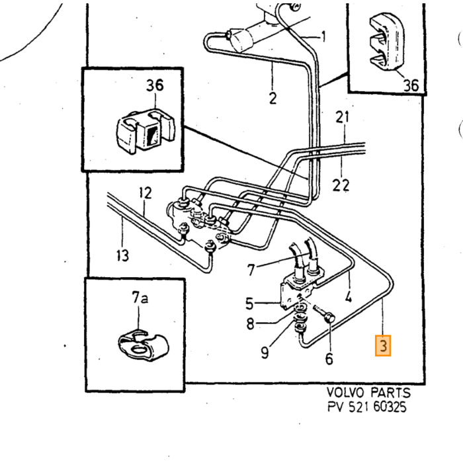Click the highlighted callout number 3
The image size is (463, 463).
click(x=383, y=345)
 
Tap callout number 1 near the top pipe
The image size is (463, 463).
click(x=324, y=36)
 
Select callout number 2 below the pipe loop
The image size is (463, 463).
click(x=273, y=98)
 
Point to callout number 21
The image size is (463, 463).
click(x=342, y=117)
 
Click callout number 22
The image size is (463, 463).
click(x=341, y=185)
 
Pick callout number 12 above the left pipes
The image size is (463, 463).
click(x=146, y=193)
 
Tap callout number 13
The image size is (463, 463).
click(x=122, y=255)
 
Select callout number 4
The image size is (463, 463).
click(x=349, y=296)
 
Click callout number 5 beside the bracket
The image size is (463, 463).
click(x=249, y=304)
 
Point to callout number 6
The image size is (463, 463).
click(x=329, y=358)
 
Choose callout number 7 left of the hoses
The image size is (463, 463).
click(x=251, y=270)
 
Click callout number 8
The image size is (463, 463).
click(x=250, y=323)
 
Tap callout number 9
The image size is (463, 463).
click(x=265, y=352)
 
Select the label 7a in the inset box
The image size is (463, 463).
click(x=140, y=298)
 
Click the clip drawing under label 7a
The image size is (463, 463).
click(x=144, y=345)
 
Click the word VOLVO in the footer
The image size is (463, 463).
click(x=345, y=392)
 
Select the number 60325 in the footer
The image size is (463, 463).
click(x=390, y=407)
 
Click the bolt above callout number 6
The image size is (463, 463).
click(x=325, y=314)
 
